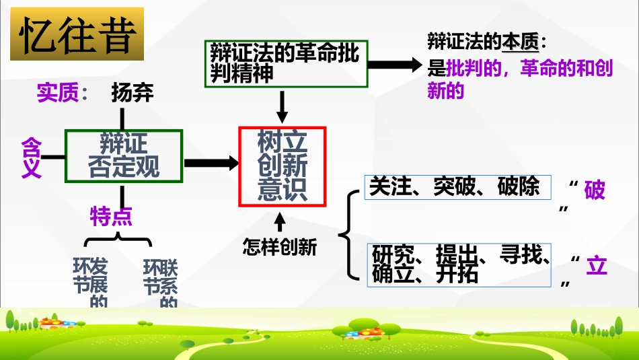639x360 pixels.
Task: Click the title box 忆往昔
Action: point(77,34)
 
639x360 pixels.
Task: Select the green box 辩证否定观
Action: point(124,155)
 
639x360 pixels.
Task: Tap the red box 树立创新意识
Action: point(283,166)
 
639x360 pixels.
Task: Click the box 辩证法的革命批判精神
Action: point(286,64)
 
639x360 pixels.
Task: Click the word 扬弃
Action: point(132,94)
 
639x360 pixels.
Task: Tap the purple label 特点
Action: point(111,216)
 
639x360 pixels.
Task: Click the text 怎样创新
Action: point(279,248)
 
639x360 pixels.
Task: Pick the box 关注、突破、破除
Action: point(457,187)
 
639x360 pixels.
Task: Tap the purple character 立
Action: point(596,266)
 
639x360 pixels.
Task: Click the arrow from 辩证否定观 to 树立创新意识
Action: point(211,162)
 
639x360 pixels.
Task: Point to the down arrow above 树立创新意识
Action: point(283,106)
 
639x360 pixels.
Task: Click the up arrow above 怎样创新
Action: point(280,221)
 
